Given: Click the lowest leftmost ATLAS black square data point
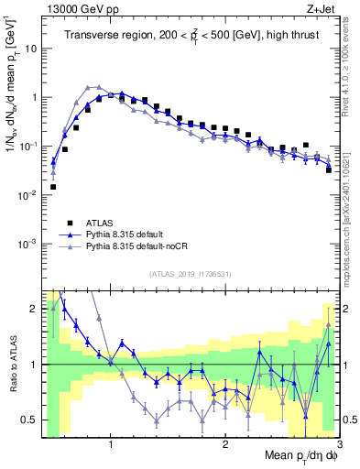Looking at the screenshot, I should click(53, 187).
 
